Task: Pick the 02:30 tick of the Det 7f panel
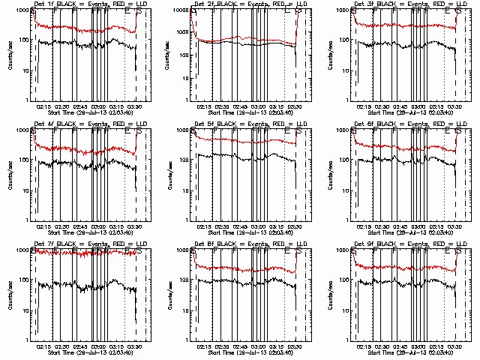(62, 346)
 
